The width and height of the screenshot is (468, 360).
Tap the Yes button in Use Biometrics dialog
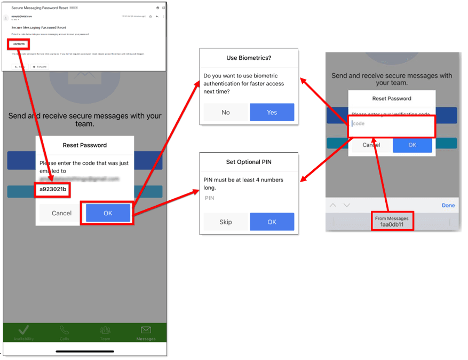coord(272,112)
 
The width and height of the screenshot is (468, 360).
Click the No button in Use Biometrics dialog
coord(226,112)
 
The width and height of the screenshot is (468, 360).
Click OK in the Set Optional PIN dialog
coord(272,222)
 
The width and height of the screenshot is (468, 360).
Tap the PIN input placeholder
coord(210,198)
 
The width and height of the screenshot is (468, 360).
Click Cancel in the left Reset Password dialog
coord(61,213)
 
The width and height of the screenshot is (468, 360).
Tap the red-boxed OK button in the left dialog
coord(108,213)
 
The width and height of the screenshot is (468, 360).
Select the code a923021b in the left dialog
coord(53,190)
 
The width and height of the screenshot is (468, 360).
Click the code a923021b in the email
coord(19,44)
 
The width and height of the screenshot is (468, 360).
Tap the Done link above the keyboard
coord(448,205)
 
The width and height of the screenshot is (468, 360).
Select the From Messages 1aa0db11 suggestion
coord(392,222)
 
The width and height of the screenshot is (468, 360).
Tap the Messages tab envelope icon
coord(146,330)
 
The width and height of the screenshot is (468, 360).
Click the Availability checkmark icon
coord(24,330)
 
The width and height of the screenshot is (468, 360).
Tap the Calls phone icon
coord(65,330)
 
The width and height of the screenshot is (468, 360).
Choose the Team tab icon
coord(105,330)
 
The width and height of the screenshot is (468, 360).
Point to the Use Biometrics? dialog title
coord(249,58)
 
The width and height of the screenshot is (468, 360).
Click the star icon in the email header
coord(150,17)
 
